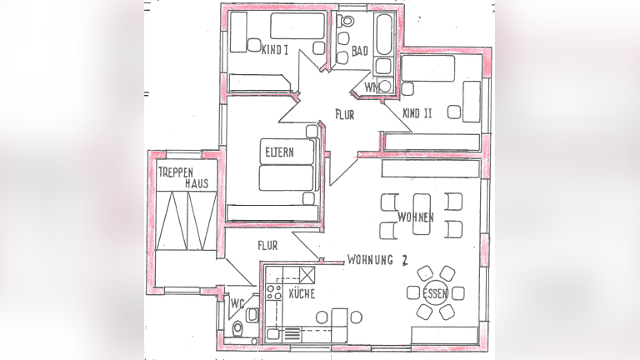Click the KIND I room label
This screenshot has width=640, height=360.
275,50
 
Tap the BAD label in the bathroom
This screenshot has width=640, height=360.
360,52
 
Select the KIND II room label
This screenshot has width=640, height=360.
417,113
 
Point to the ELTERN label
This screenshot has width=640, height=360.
280,152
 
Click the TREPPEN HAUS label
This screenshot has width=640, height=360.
183,177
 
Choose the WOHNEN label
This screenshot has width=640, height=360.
416,217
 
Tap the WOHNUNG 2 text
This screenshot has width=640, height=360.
377,260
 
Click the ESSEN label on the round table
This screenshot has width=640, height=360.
435,293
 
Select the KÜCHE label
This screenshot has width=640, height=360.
302,293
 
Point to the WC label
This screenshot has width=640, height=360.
237,303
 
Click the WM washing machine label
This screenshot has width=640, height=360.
372,87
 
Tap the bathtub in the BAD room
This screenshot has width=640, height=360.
383,35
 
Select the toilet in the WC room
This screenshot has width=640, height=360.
237,327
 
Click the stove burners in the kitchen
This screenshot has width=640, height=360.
273,292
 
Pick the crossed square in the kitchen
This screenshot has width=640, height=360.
307,275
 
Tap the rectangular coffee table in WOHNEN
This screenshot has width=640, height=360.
422,214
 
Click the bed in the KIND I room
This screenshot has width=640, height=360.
297,26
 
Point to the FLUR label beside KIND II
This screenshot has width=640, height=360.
345,114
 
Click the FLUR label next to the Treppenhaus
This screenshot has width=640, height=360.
267,245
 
